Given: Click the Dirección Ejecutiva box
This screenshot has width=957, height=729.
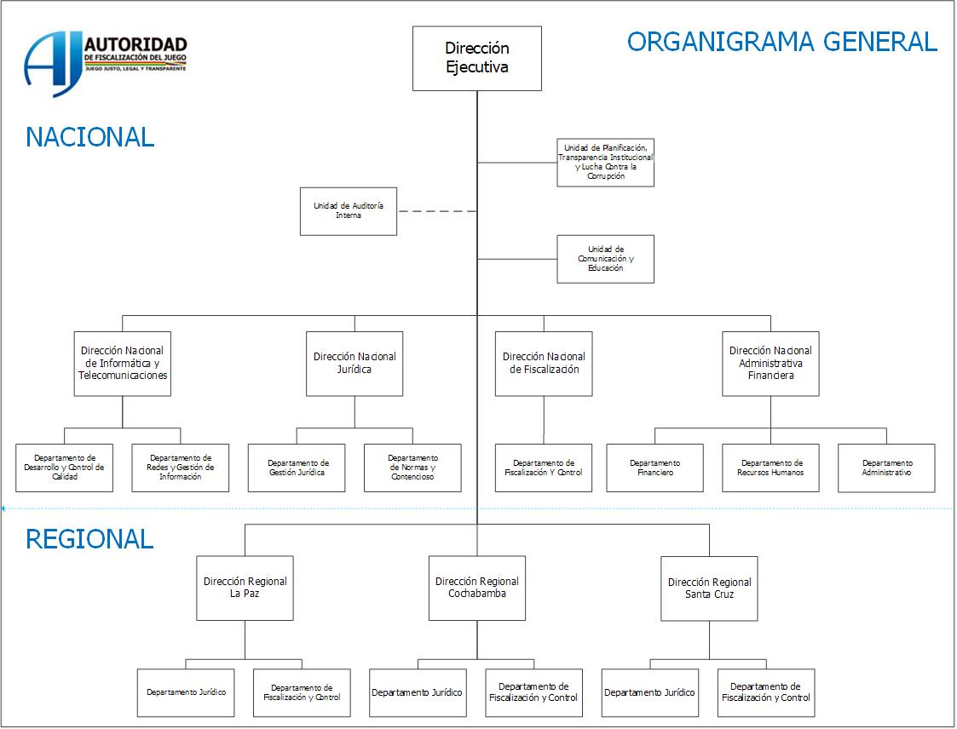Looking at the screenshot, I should [x=477, y=58].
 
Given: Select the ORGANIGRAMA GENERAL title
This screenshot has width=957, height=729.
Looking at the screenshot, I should [x=781, y=41].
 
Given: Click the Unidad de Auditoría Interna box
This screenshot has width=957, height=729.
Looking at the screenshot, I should [x=349, y=211].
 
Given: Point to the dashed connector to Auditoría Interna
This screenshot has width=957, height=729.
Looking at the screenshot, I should [x=437, y=211].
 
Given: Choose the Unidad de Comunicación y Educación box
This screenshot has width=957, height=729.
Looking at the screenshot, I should [x=605, y=259].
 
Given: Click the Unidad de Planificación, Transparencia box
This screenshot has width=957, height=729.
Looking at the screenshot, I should [x=605, y=162].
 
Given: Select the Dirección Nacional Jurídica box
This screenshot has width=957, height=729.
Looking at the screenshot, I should [x=355, y=364].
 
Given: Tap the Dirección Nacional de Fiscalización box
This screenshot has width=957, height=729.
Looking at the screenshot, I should [x=544, y=364].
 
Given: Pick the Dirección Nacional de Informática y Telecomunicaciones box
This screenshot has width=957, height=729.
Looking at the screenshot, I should [x=123, y=364].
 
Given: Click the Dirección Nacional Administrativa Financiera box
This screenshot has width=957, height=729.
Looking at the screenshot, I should [x=770, y=364].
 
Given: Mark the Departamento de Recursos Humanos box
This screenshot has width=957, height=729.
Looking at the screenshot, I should [x=770, y=468].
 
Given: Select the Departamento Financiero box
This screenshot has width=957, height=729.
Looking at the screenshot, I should [x=654, y=468].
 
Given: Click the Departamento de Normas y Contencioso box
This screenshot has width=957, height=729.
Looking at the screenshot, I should [x=412, y=468].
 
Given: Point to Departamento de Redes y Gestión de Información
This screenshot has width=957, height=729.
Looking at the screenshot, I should [x=181, y=468].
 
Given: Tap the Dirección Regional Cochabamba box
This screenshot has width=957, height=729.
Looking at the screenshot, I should [x=477, y=588].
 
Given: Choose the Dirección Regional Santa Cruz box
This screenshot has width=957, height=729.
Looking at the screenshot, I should [x=709, y=588].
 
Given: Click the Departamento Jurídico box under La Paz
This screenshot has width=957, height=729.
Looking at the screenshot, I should [x=186, y=692].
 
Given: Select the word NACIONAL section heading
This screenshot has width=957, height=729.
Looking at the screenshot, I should [x=90, y=137].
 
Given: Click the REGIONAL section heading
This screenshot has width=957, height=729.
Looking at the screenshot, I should [x=89, y=539].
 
